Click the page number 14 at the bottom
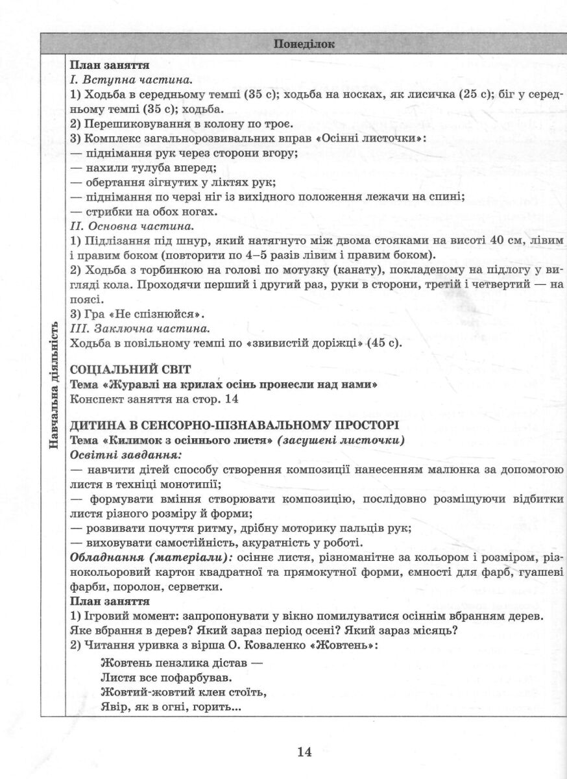[x=304, y=752]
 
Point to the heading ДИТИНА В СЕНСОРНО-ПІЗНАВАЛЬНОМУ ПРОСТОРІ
[x=234, y=426]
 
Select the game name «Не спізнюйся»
[x=153, y=314]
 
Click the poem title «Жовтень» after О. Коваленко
[x=346, y=646]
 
